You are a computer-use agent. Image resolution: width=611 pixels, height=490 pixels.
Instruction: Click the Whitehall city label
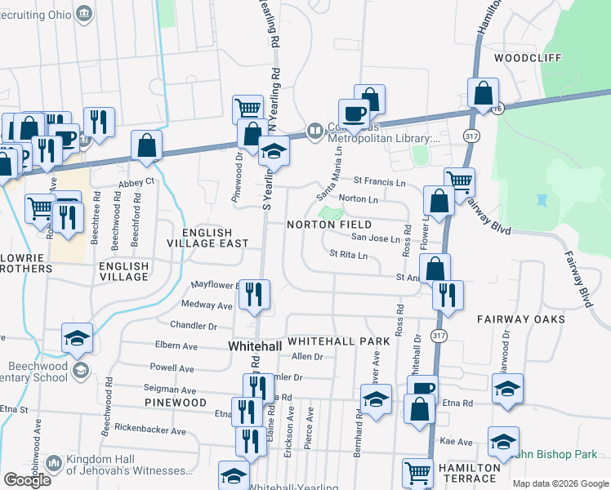254,346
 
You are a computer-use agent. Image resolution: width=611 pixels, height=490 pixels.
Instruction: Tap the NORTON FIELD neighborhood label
328,225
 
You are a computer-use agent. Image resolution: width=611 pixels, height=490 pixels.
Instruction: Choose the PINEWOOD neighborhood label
176,403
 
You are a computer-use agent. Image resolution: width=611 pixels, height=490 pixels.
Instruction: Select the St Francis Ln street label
379,182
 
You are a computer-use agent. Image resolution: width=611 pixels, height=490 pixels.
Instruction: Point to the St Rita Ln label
348,256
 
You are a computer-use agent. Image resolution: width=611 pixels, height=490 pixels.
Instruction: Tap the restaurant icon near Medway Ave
254,295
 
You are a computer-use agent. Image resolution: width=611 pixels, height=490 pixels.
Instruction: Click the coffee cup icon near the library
355,114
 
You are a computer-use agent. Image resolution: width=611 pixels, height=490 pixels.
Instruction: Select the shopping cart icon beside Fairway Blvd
460,181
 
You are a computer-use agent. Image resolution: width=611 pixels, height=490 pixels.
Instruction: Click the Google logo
27,479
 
